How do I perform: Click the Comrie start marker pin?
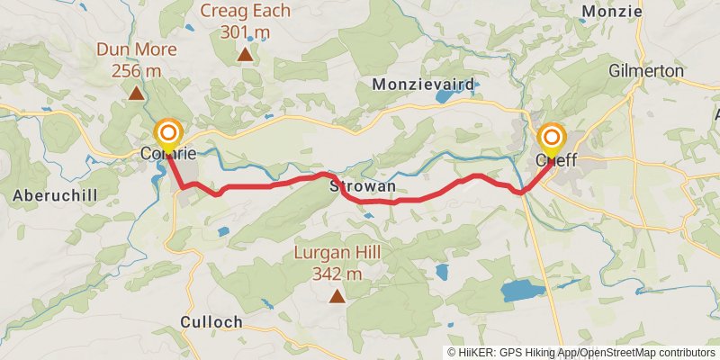coord(167,136)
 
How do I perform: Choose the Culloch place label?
coord(211,321)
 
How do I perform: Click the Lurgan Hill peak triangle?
coord(337,296)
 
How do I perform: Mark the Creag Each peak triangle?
coord(244,55)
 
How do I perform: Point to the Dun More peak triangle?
coord(136,93)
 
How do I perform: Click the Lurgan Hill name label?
coord(337,254)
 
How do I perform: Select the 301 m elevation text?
coord(244,32)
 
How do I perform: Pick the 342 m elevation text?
coord(337,274)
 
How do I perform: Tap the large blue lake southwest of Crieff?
coord(523,290)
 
